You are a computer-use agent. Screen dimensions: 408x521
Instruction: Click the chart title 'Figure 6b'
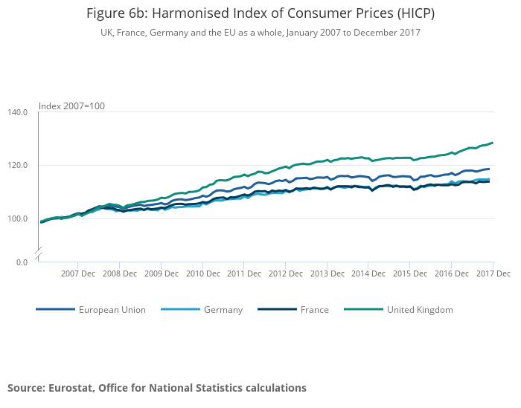coord(260,13)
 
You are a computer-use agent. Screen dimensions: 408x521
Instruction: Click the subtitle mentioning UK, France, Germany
coord(260,33)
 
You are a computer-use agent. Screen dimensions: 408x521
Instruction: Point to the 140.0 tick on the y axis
coord(17,112)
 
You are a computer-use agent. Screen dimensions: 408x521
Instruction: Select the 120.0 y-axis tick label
coord(17,165)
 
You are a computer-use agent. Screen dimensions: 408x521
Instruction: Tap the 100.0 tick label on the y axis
coord(17,218)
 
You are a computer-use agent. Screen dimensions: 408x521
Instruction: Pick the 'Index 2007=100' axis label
coord(71,106)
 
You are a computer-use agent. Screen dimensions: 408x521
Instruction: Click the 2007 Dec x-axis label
coord(78,273)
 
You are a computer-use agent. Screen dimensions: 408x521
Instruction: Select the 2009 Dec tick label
coord(162,273)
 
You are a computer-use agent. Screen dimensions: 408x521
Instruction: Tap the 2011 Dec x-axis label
coord(245,273)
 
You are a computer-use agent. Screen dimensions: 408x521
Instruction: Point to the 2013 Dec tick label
coord(328,273)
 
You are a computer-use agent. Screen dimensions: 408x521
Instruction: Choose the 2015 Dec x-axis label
coord(412,273)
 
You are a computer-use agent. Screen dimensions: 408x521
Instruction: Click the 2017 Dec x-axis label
coord(493,273)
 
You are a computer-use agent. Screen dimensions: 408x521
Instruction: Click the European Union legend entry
coord(112,310)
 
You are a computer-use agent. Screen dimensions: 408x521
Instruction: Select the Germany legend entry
coord(223,310)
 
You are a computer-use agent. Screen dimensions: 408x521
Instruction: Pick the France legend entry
coord(314,310)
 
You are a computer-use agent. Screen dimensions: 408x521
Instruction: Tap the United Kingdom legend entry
coord(420,310)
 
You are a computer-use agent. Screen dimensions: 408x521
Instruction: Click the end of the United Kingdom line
coord(493,143)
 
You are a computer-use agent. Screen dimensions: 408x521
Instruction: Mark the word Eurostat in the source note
coord(71,388)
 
